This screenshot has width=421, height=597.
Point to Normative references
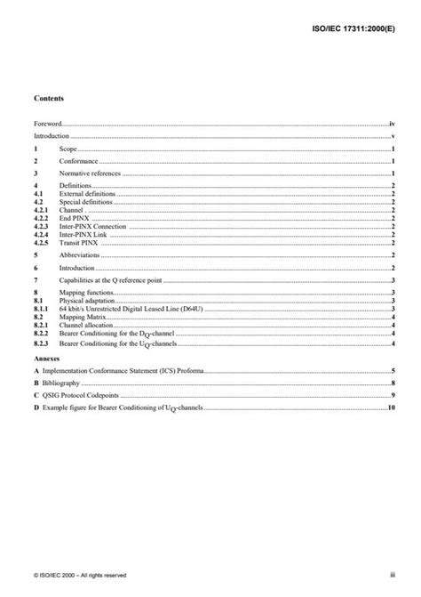coord(88,176)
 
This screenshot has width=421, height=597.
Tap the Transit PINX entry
coord(79,242)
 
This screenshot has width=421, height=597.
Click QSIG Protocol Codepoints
coord(85,394)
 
